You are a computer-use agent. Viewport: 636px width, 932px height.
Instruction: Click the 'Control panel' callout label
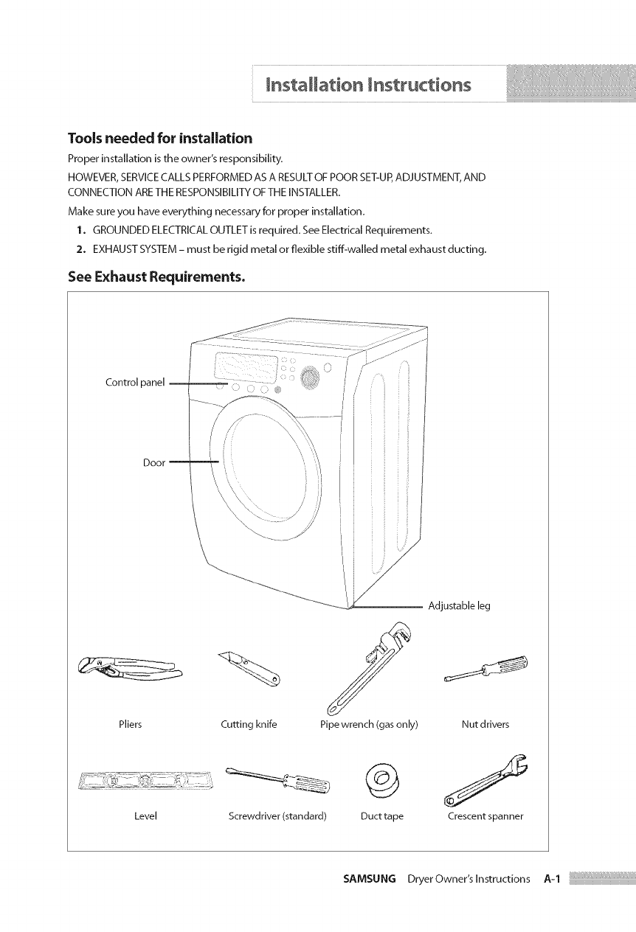tap(136, 383)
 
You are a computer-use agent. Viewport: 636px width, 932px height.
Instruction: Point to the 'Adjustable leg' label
tap(459, 606)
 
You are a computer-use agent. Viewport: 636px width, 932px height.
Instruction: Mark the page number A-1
tap(552, 879)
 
